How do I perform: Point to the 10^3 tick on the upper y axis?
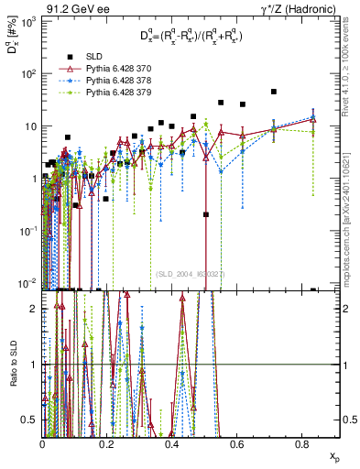(x=27, y=21)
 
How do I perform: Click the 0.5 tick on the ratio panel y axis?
(x=32, y=420)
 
